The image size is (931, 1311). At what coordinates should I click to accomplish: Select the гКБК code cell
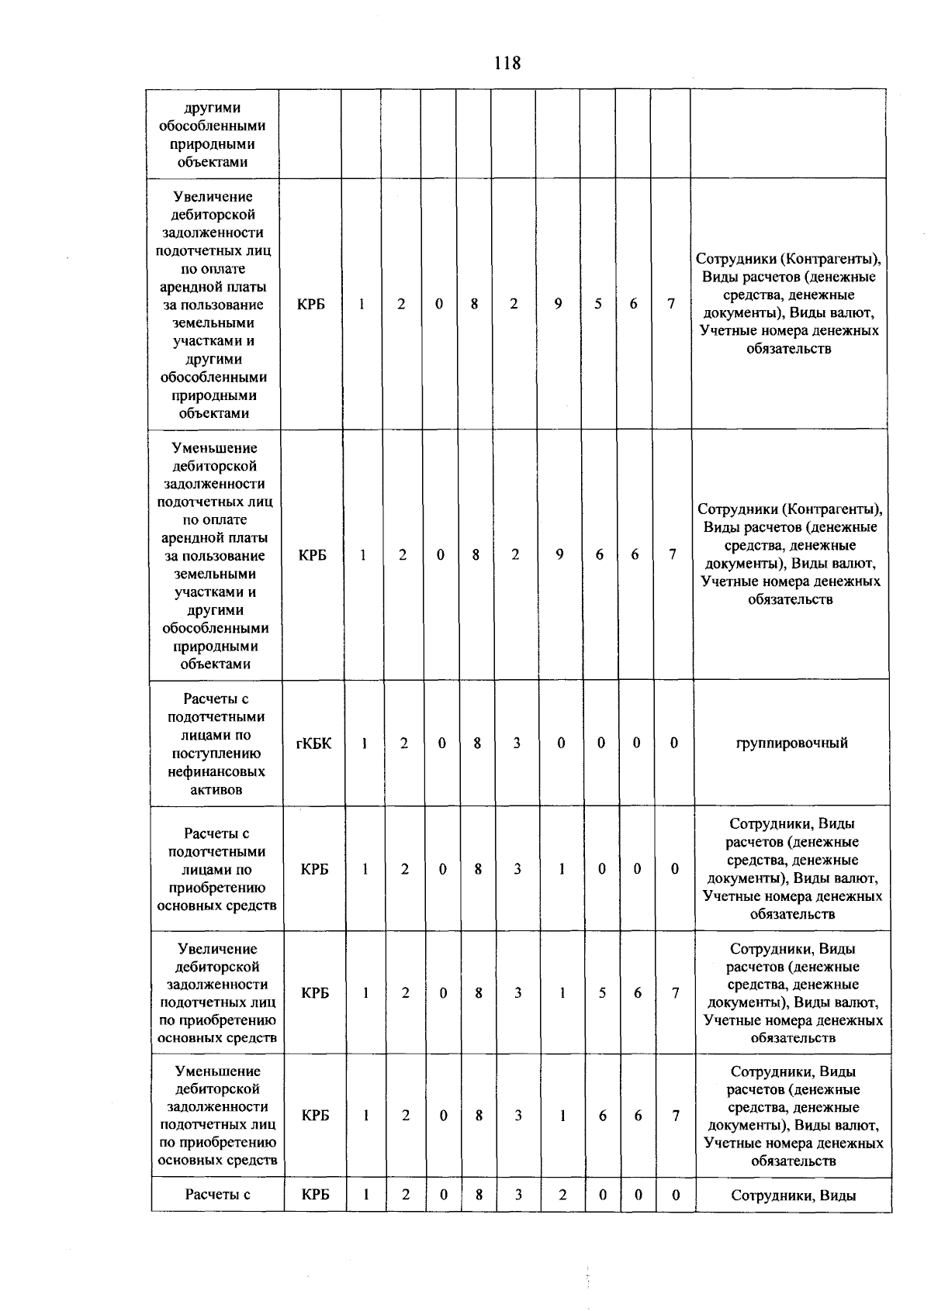click(x=313, y=743)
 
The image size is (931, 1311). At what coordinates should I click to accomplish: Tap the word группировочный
click(x=791, y=743)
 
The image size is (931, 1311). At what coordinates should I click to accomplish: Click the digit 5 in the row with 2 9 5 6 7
click(x=598, y=304)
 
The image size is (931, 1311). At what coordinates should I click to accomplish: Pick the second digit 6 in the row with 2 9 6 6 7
click(x=635, y=555)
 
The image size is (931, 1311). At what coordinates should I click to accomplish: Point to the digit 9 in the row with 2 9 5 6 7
click(x=558, y=304)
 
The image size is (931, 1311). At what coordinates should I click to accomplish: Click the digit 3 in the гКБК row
click(x=517, y=743)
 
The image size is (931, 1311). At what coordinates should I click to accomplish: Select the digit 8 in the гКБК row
click(x=477, y=743)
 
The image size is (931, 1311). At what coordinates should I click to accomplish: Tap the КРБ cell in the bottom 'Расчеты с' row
click(x=315, y=1195)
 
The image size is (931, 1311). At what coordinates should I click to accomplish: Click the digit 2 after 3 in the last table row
click(x=562, y=1195)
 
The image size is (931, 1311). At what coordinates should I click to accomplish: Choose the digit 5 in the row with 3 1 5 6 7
click(x=601, y=993)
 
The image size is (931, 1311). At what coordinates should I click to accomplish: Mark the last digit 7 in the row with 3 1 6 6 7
click(x=676, y=1116)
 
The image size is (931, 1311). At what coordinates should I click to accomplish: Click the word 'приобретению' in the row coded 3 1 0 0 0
click(x=216, y=888)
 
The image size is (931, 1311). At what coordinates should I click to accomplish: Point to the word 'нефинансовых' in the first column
click(x=216, y=772)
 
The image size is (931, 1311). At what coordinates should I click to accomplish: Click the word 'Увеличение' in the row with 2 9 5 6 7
click(x=213, y=197)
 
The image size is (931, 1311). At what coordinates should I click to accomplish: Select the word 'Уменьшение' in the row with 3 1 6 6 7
click(x=217, y=1071)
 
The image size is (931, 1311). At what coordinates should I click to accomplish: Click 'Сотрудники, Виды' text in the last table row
click(x=793, y=1195)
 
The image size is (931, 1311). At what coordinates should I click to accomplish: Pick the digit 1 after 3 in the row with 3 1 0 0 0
click(x=561, y=869)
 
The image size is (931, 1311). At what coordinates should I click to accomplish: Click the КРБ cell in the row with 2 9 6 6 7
click(x=312, y=555)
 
